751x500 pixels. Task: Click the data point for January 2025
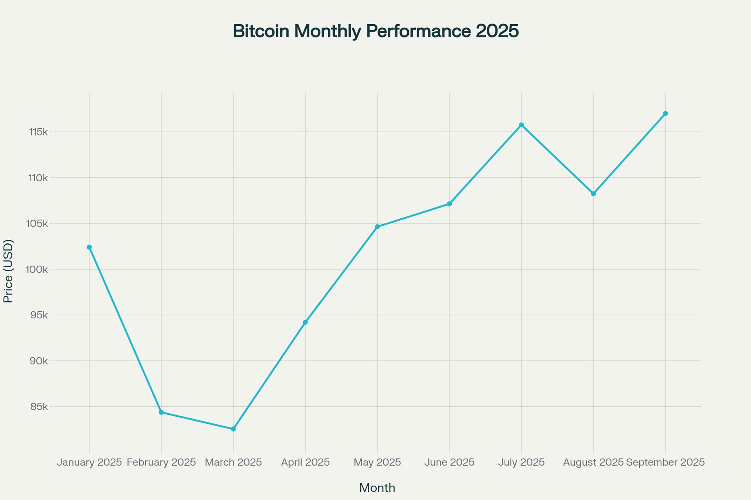89,247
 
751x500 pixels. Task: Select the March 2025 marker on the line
234,429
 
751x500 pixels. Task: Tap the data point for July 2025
521,125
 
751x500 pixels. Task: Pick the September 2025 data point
665,114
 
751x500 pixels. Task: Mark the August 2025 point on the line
593,194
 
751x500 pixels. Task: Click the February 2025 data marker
161,412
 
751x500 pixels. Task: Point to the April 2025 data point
305,322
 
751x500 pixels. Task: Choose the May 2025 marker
377,227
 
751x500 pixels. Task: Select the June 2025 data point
449,204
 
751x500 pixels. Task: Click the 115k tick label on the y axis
38,132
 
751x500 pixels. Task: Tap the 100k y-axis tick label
38,270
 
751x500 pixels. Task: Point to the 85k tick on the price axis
39,407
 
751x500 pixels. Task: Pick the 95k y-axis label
39,315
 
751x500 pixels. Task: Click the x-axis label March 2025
234,462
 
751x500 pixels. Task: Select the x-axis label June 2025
449,462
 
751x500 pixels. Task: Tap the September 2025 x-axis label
665,462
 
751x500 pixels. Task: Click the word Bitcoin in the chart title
261,31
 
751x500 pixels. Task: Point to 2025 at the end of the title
497,31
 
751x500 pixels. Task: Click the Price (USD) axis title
8,271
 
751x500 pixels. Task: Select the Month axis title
377,488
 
